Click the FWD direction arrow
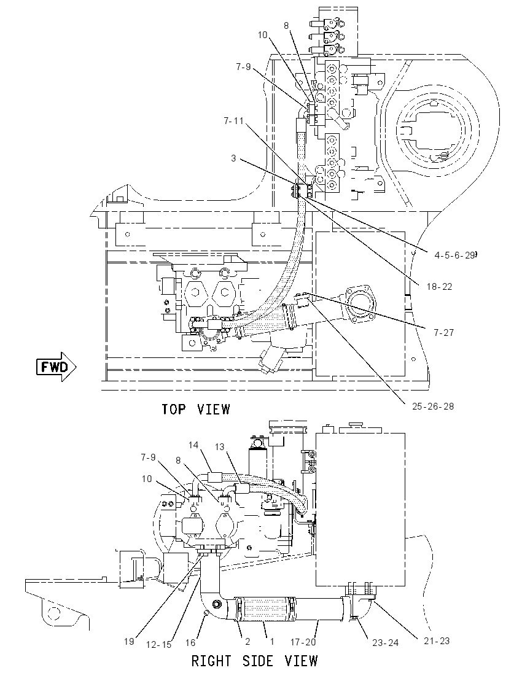click(56, 367)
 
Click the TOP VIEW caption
click(196, 409)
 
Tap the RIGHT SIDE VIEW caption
click(255, 660)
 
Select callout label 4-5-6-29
click(454, 255)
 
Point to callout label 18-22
click(439, 286)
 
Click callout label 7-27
click(443, 332)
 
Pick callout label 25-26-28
click(433, 406)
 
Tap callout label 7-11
click(233, 122)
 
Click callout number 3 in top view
click(233, 158)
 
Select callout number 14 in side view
click(193, 445)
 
